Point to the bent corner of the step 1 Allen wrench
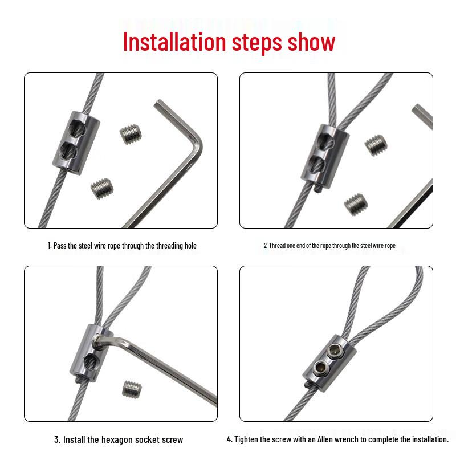coord(195,142)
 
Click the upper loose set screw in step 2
coord(375,144)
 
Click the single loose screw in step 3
coord(131,389)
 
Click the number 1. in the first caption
coord(48,246)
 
